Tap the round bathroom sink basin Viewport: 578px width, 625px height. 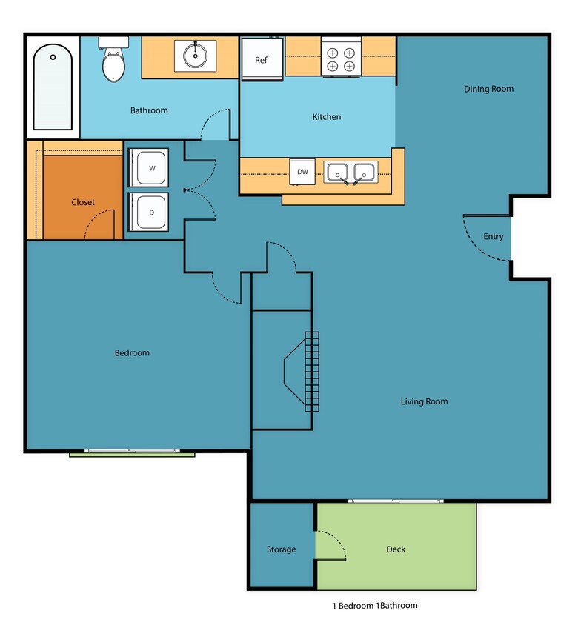pos(196,56)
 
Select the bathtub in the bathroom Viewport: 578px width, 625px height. pos(53,87)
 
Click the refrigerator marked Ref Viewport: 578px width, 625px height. pos(262,59)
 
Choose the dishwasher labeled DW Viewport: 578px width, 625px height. pos(302,172)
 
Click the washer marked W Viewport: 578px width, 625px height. pos(150,168)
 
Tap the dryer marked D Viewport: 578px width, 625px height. pos(150,213)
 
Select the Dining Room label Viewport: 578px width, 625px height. pos(488,89)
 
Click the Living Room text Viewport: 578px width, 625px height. pos(424,401)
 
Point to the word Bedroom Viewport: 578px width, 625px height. pos(132,352)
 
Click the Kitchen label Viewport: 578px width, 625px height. pos(326,117)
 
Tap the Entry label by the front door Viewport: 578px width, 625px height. pos(493,237)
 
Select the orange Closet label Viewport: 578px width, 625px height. pos(83,202)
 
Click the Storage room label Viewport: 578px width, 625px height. pos(281,549)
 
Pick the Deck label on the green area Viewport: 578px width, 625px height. pos(396,549)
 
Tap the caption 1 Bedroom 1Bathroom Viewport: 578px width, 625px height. pos(374,605)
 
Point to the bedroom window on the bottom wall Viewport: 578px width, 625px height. pos(131,451)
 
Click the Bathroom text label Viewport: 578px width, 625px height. pos(149,110)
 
